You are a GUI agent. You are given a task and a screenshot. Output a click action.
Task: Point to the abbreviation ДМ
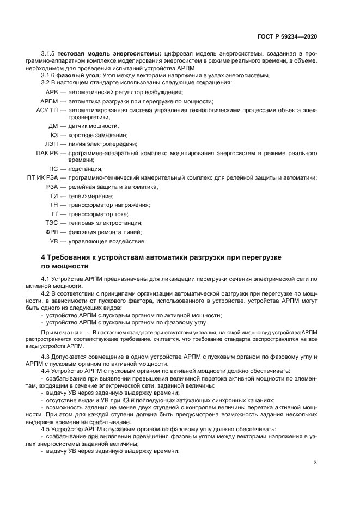coord(53,126)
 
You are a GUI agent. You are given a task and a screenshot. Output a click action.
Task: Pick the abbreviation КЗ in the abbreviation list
coord(54,134)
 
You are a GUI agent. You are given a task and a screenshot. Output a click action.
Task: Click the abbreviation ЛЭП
coord(51,144)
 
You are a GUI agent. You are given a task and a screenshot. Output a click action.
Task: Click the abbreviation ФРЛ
coord(51,231)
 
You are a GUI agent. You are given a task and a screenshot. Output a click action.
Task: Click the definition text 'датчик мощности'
coord(93,126)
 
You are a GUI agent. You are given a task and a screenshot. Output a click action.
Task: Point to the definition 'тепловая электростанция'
coord(105,223)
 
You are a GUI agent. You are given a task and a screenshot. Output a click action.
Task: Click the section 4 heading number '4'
coord(43,256)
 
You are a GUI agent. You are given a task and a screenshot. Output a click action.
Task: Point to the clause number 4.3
coord(46,356)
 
